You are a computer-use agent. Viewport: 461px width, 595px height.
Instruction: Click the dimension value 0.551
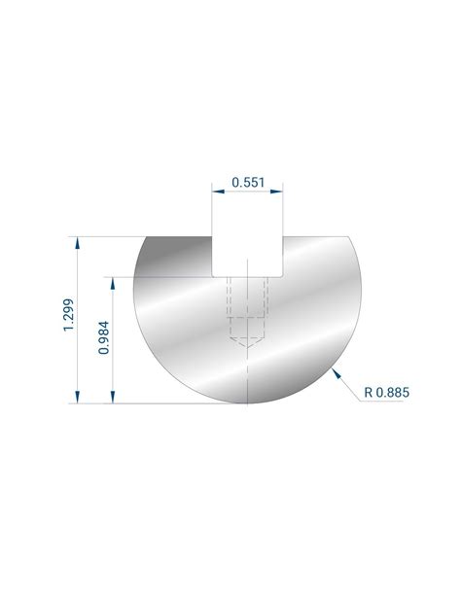(248, 182)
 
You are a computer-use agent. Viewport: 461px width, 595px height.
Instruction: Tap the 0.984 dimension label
(104, 338)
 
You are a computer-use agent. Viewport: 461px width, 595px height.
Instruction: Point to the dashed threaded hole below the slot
(249, 306)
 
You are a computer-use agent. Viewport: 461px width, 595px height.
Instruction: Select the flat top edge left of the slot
(180, 235)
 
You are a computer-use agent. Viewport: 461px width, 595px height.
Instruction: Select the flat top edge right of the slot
(316, 235)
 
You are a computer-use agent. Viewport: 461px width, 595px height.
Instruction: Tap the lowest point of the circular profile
(249, 402)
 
